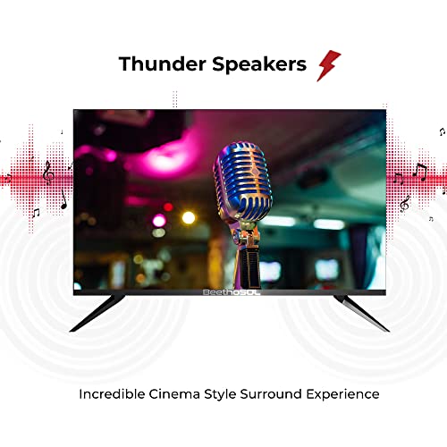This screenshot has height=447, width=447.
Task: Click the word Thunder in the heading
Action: (x=163, y=63)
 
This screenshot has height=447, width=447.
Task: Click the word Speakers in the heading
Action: (x=259, y=65)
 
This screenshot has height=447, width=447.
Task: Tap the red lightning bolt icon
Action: (x=328, y=65)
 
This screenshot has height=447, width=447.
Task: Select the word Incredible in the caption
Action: (x=112, y=394)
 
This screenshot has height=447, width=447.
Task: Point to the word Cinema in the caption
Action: (x=174, y=394)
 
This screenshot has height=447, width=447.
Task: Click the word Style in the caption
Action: (x=220, y=395)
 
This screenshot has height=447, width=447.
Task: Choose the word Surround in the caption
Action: (x=271, y=394)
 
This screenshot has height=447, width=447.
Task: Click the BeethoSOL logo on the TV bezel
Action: (x=232, y=292)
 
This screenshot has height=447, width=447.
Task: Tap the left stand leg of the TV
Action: (x=97, y=313)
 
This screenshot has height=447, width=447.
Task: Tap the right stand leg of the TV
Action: (x=361, y=313)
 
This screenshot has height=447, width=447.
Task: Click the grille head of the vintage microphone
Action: (x=242, y=181)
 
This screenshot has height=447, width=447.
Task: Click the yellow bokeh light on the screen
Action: (x=189, y=217)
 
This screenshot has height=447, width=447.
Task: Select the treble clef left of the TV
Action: (x=48, y=173)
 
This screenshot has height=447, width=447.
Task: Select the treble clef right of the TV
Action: (x=404, y=204)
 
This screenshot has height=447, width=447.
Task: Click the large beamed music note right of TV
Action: (x=420, y=173)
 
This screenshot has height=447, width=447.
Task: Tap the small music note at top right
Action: (x=443, y=131)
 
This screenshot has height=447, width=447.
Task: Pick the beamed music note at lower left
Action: (x=36, y=213)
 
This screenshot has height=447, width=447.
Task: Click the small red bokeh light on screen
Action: (x=168, y=207)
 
